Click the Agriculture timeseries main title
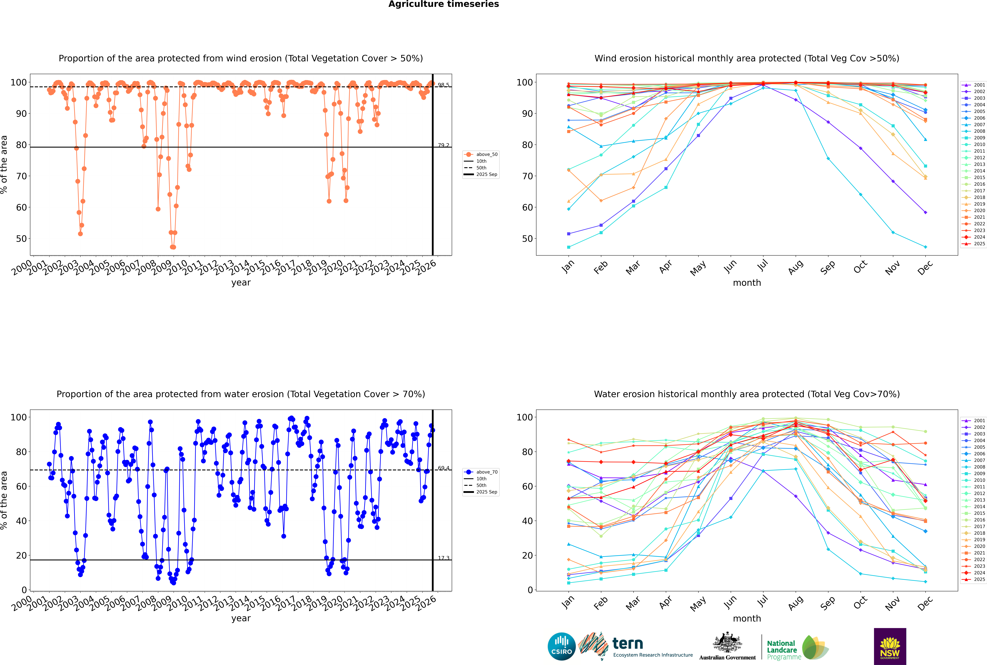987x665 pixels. tap(443, 4)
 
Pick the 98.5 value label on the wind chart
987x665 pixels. tap(443, 85)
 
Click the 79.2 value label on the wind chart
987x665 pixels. tap(443, 145)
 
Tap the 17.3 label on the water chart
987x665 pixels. tap(443, 558)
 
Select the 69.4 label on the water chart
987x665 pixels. tap(443, 468)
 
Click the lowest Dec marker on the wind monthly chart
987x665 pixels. tap(926, 247)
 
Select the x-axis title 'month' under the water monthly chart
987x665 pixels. tap(747, 618)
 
